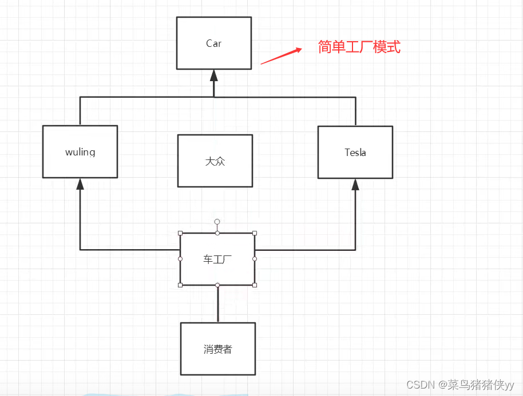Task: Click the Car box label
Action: point(213,43)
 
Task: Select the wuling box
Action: point(80,152)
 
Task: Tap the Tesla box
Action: point(355,153)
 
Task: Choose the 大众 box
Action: point(215,161)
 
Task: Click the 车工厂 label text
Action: point(217,259)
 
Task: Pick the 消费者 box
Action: point(218,349)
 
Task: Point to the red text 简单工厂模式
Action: point(359,47)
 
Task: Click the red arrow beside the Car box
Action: point(281,55)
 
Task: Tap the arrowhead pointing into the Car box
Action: point(214,75)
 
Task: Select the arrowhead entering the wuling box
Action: point(80,184)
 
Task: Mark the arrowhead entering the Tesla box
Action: point(355,185)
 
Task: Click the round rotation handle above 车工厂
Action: point(217,222)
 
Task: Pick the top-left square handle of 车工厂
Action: point(180,233)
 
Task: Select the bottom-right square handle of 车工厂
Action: point(255,285)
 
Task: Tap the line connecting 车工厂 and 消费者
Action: point(218,304)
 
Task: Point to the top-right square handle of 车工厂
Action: point(255,233)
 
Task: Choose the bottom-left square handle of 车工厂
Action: point(180,285)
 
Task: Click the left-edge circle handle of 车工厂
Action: point(180,259)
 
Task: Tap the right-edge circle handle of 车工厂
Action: point(255,259)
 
